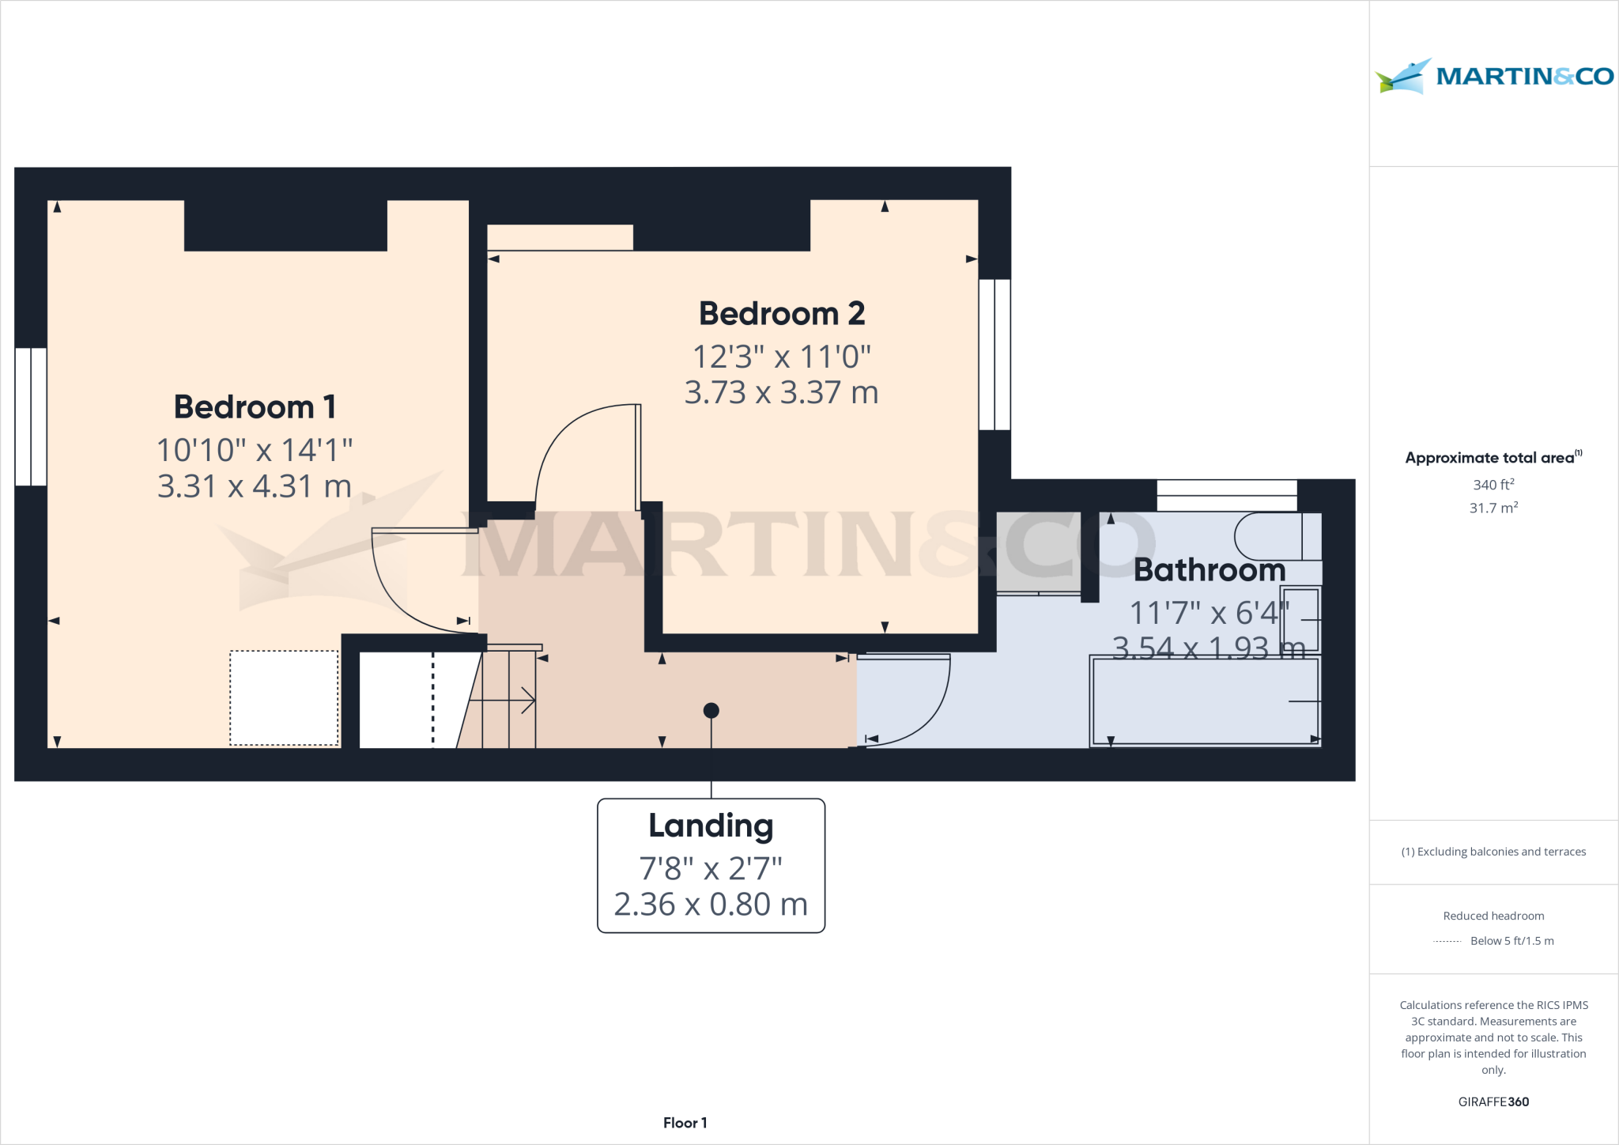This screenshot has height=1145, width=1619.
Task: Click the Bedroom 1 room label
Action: [255, 407]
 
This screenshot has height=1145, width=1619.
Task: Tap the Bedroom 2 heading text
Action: [781, 314]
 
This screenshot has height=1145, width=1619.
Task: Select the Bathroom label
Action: [1209, 570]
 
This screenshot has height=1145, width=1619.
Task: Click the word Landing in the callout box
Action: [711, 826]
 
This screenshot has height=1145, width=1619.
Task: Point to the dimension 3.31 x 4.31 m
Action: [255, 486]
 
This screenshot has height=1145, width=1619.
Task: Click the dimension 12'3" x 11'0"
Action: [781, 357]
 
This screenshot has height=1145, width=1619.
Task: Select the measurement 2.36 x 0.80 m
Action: [711, 904]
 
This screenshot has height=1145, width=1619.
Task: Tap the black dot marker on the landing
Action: [711, 710]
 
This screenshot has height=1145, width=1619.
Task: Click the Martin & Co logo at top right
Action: [1493, 77]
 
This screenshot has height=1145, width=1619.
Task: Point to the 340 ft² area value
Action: [1493, 485]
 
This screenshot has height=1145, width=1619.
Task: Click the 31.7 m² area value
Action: [1493, 508]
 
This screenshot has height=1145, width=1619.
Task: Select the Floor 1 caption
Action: [685, 1123]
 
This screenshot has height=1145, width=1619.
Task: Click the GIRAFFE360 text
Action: [1493, 1102]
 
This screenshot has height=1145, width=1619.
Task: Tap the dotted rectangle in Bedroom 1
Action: [284, 697]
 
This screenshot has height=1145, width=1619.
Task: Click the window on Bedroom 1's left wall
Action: [31, 417]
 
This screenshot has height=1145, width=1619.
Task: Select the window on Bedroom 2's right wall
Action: [994, 354]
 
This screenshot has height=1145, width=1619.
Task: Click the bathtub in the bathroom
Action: [1204, 701]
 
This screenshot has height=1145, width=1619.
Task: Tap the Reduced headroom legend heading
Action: [1493, 916]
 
